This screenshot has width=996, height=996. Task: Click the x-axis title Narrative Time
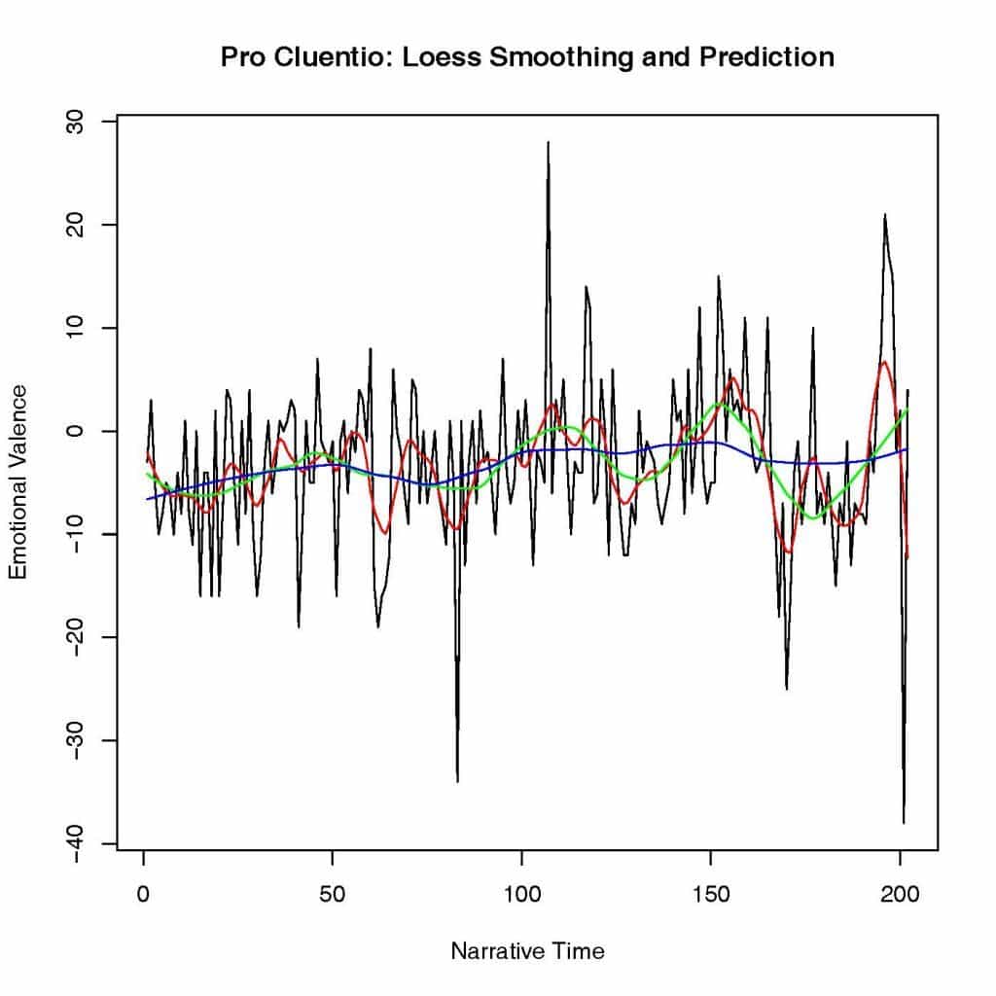tap(527, 951)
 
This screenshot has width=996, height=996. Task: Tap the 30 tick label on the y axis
tap(77, 123)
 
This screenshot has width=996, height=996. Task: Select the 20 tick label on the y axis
tap(77, 226)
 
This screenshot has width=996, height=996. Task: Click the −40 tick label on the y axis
tap(77, 843)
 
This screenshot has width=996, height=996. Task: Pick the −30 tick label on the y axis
tap(77, 740)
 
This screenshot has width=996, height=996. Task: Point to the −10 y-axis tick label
tap(77, 534)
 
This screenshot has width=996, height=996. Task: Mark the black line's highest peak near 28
tap(548, 143)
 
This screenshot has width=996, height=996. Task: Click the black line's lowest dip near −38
tap(904, 822)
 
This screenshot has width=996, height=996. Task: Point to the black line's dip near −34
tap(457, 780)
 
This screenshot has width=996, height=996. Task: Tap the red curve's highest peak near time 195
tap(884, 363)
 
